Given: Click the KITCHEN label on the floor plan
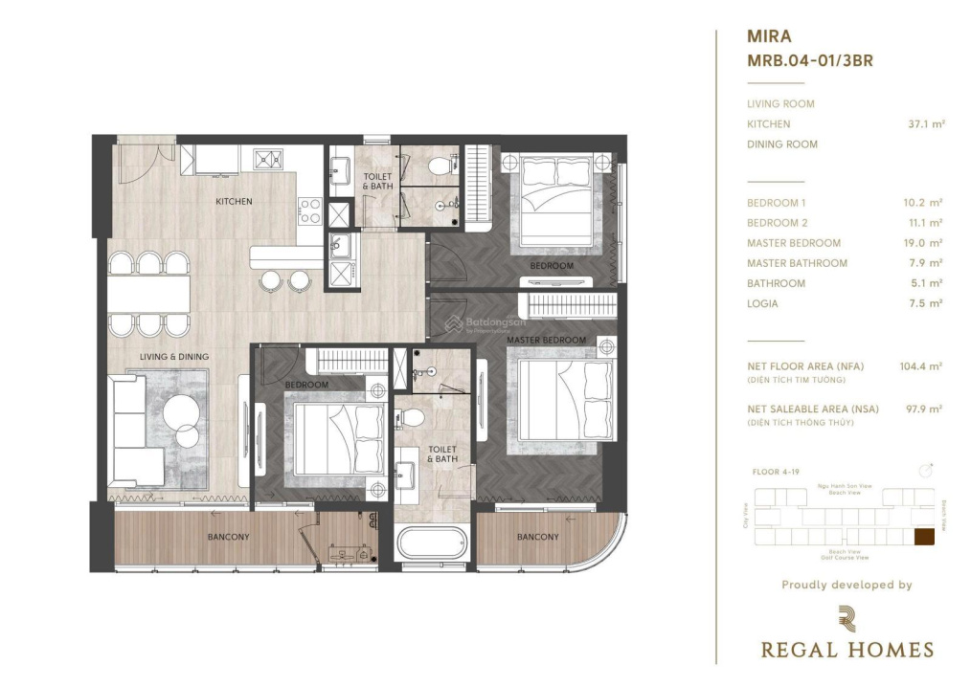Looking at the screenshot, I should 234,201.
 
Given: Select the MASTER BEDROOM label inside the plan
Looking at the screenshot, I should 546,341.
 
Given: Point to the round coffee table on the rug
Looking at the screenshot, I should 182,416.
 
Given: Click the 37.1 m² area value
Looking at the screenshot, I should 926,123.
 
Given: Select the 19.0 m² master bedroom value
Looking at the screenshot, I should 925,243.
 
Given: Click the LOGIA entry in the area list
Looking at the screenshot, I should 762,303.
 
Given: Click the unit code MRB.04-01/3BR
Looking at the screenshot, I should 809,60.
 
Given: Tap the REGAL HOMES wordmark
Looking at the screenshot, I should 847,650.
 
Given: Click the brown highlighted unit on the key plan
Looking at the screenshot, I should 926,538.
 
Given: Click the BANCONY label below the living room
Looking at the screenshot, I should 228,537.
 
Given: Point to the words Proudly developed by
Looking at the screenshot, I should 847,585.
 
